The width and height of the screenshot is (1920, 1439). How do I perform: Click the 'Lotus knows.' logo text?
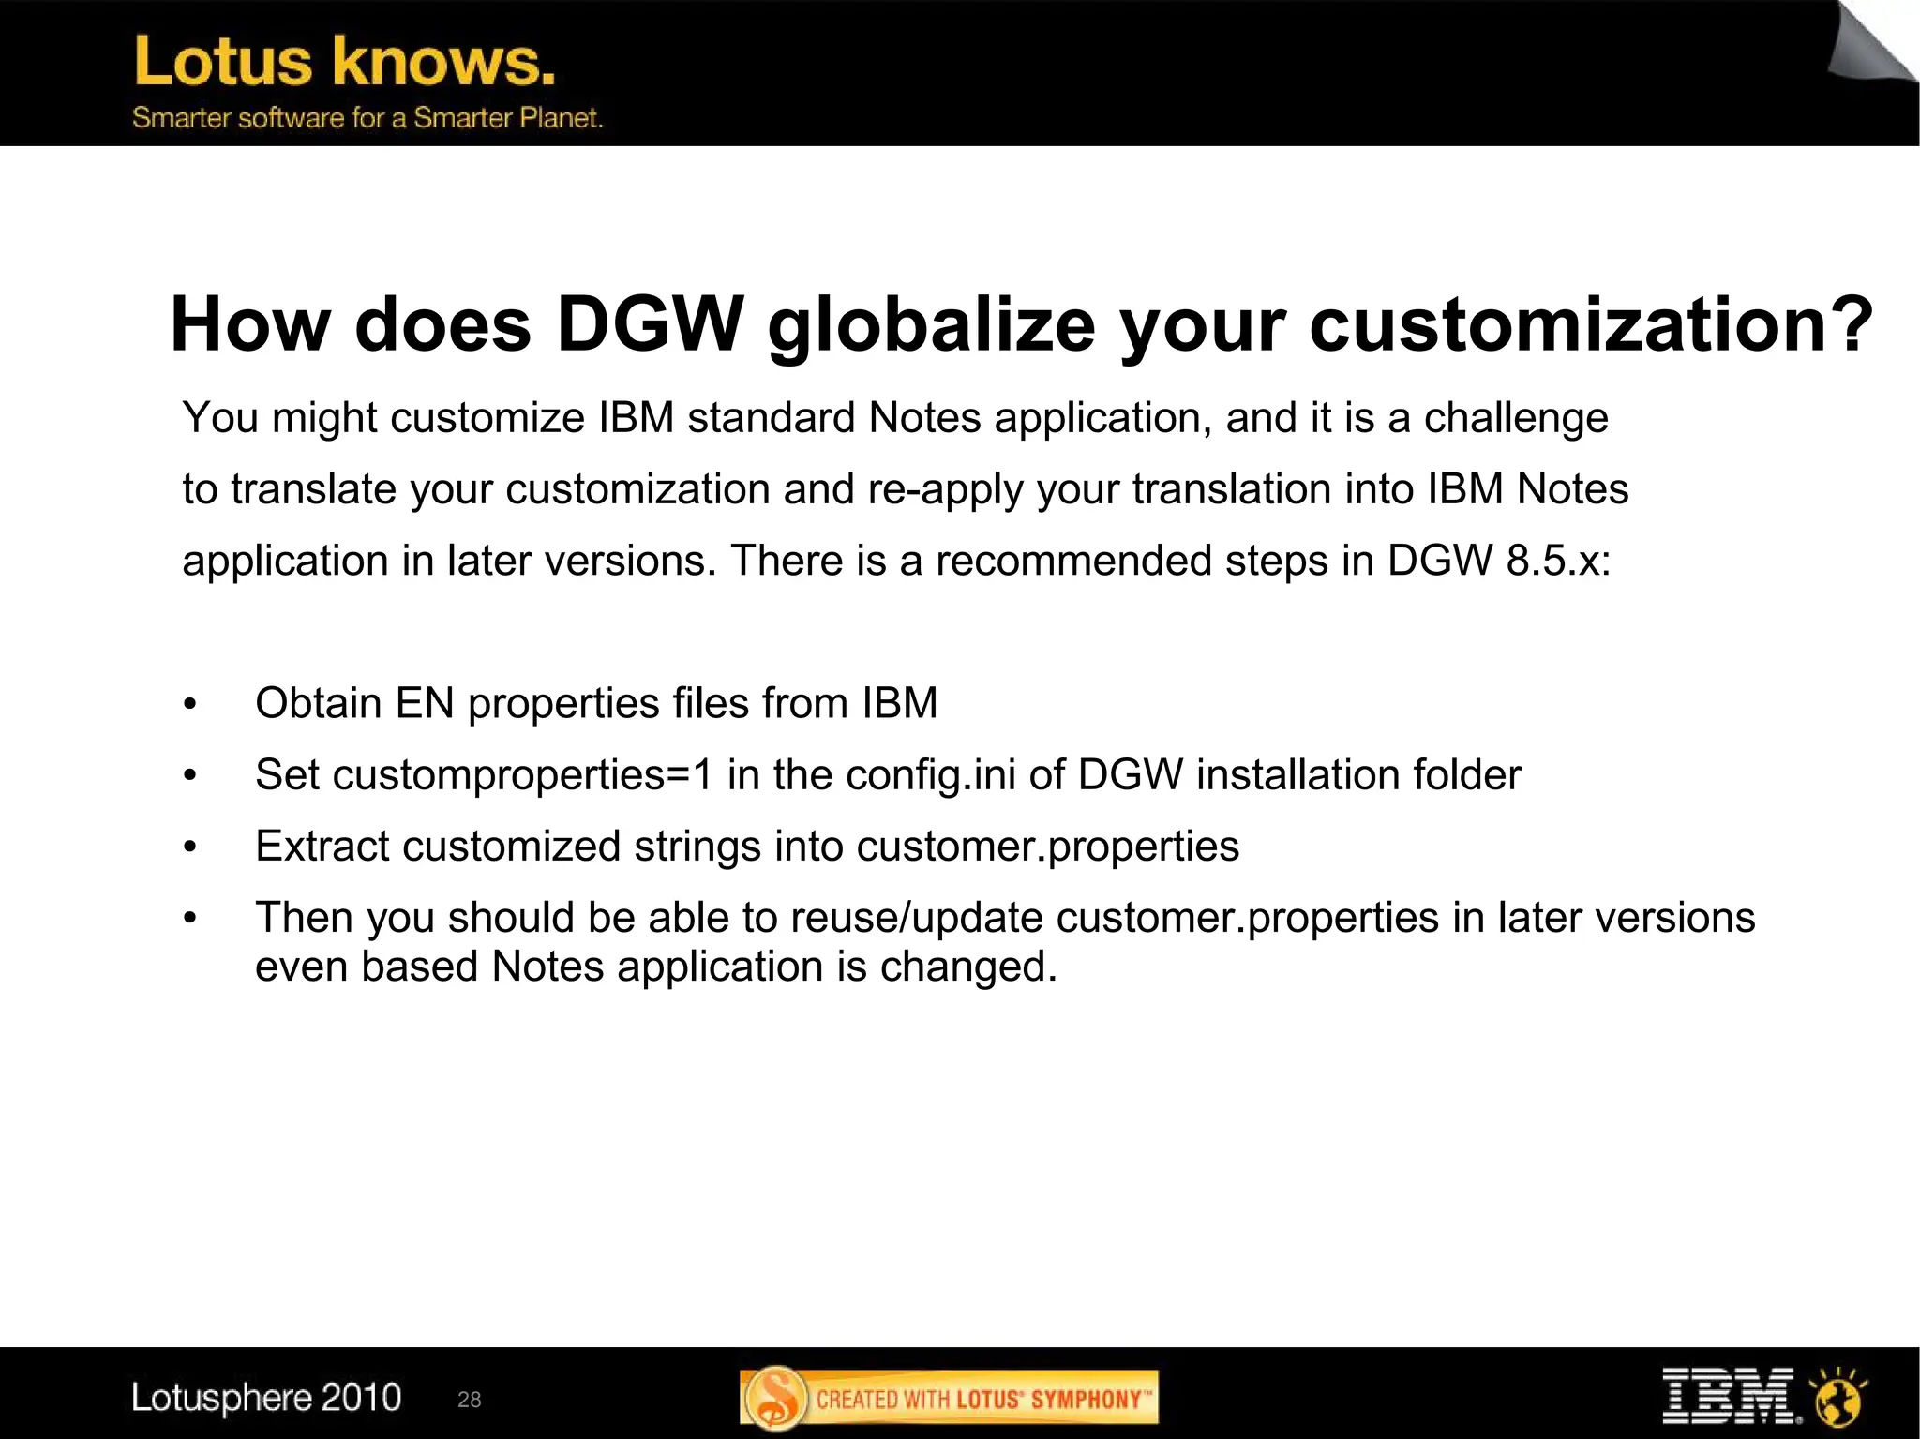pyautogui.click(x=344, y=62)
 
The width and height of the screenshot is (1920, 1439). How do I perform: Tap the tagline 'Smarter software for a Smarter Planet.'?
pyautogui.click(x=367, y=118)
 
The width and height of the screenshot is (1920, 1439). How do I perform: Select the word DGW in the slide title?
pyautogui.click(x=650, y=324)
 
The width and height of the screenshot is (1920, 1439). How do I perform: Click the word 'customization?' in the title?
pyautogui.click(x=1590, y=324)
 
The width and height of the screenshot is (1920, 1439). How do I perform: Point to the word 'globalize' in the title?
pyautogui.click(x=931, y=324)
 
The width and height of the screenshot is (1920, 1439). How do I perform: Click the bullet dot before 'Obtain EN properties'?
pyautogui.click(x=190, y=704)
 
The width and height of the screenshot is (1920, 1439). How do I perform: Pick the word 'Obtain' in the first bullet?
pyautogui.click(x=318, y=703)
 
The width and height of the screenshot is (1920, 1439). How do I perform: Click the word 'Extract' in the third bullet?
pyautogui.click(x=322, y=846)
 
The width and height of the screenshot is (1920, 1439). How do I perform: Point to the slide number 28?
pyautogui.click(x=469, y=1400)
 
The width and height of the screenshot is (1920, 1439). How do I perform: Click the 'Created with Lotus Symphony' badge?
pyautogui.click(x=949, y=1398)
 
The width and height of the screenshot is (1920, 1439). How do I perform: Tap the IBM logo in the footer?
pyautogui.click(x=1727, y=1396)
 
